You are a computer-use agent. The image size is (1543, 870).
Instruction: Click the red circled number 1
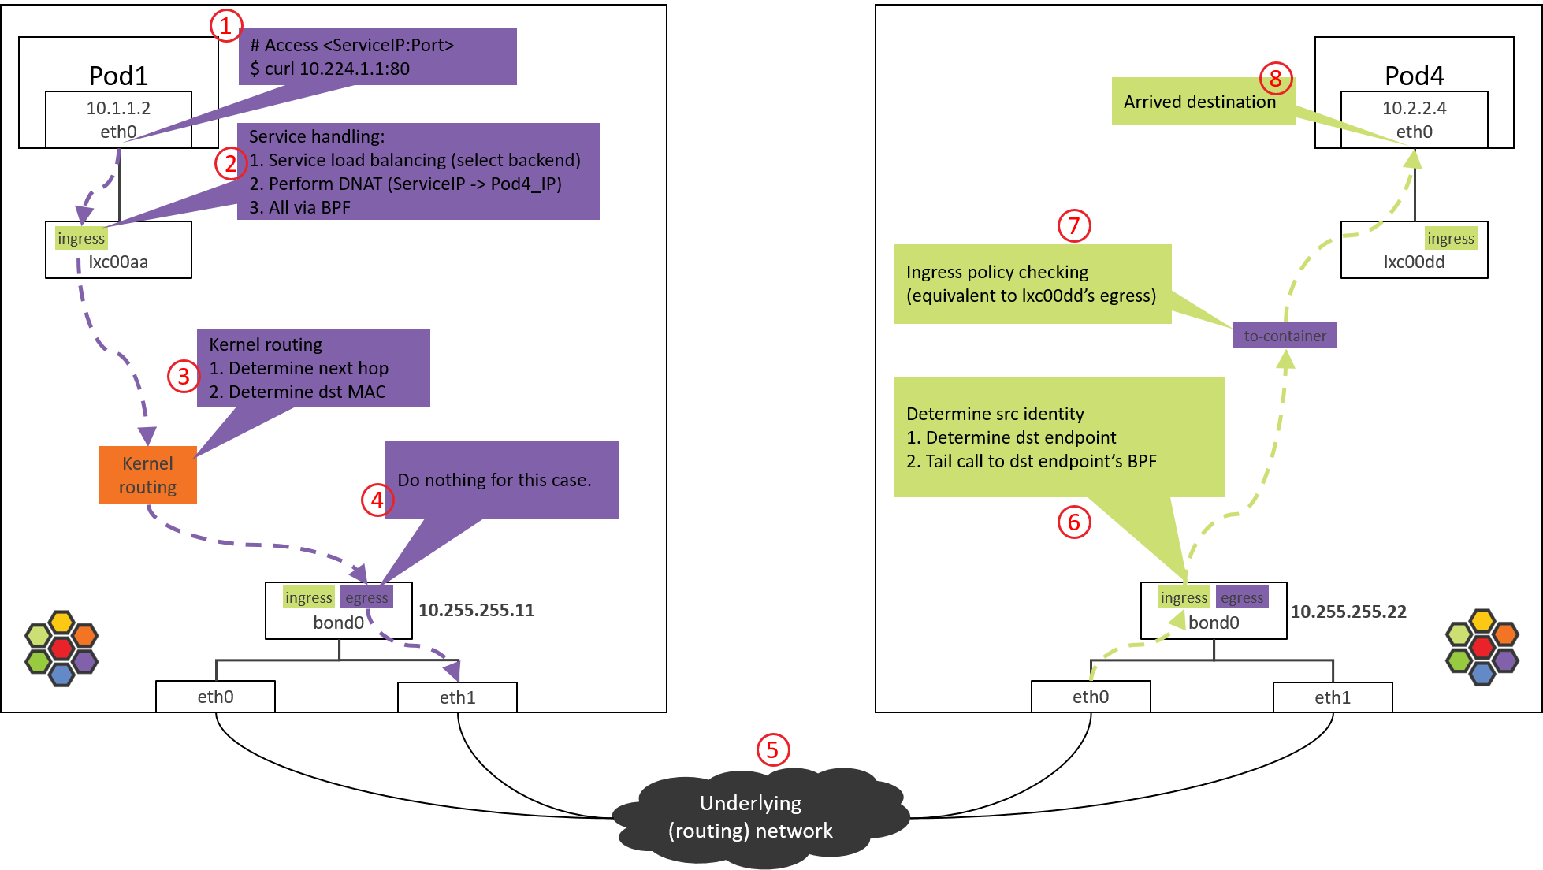pos(225,26)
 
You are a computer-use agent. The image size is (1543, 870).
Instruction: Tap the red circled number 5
pos(772,749)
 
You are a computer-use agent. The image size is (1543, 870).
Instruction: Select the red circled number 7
pos(1073,226)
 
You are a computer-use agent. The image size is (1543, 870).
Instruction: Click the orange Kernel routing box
pos(147,475)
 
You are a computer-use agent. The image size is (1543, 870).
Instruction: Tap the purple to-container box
pos(1285,336)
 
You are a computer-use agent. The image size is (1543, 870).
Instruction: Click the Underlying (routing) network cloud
pos(751,816)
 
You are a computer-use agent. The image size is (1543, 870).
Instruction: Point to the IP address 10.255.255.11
pos(476,610)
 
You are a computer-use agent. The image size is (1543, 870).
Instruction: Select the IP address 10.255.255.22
pos(1348,612)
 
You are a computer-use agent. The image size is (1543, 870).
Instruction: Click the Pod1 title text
pos(118,76)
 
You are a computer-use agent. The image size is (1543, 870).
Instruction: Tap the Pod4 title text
pos(1414,76)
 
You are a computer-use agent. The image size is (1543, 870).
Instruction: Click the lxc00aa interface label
pos(118,262)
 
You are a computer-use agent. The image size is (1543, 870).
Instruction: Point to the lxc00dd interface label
pos(1414,262)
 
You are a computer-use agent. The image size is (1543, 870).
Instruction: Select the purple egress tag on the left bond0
pos(366,597)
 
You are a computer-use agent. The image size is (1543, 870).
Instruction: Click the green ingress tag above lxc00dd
pos(1450,238)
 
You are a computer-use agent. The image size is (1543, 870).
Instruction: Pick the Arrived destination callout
pos(1199,102)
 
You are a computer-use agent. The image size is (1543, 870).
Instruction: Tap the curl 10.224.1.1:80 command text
pos(330,69)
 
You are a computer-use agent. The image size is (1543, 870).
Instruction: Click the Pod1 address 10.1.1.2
pos(118,108)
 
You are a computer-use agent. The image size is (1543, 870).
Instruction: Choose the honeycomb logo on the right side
pos(1482,648)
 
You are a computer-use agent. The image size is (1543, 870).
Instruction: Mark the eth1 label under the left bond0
pos(457,697)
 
